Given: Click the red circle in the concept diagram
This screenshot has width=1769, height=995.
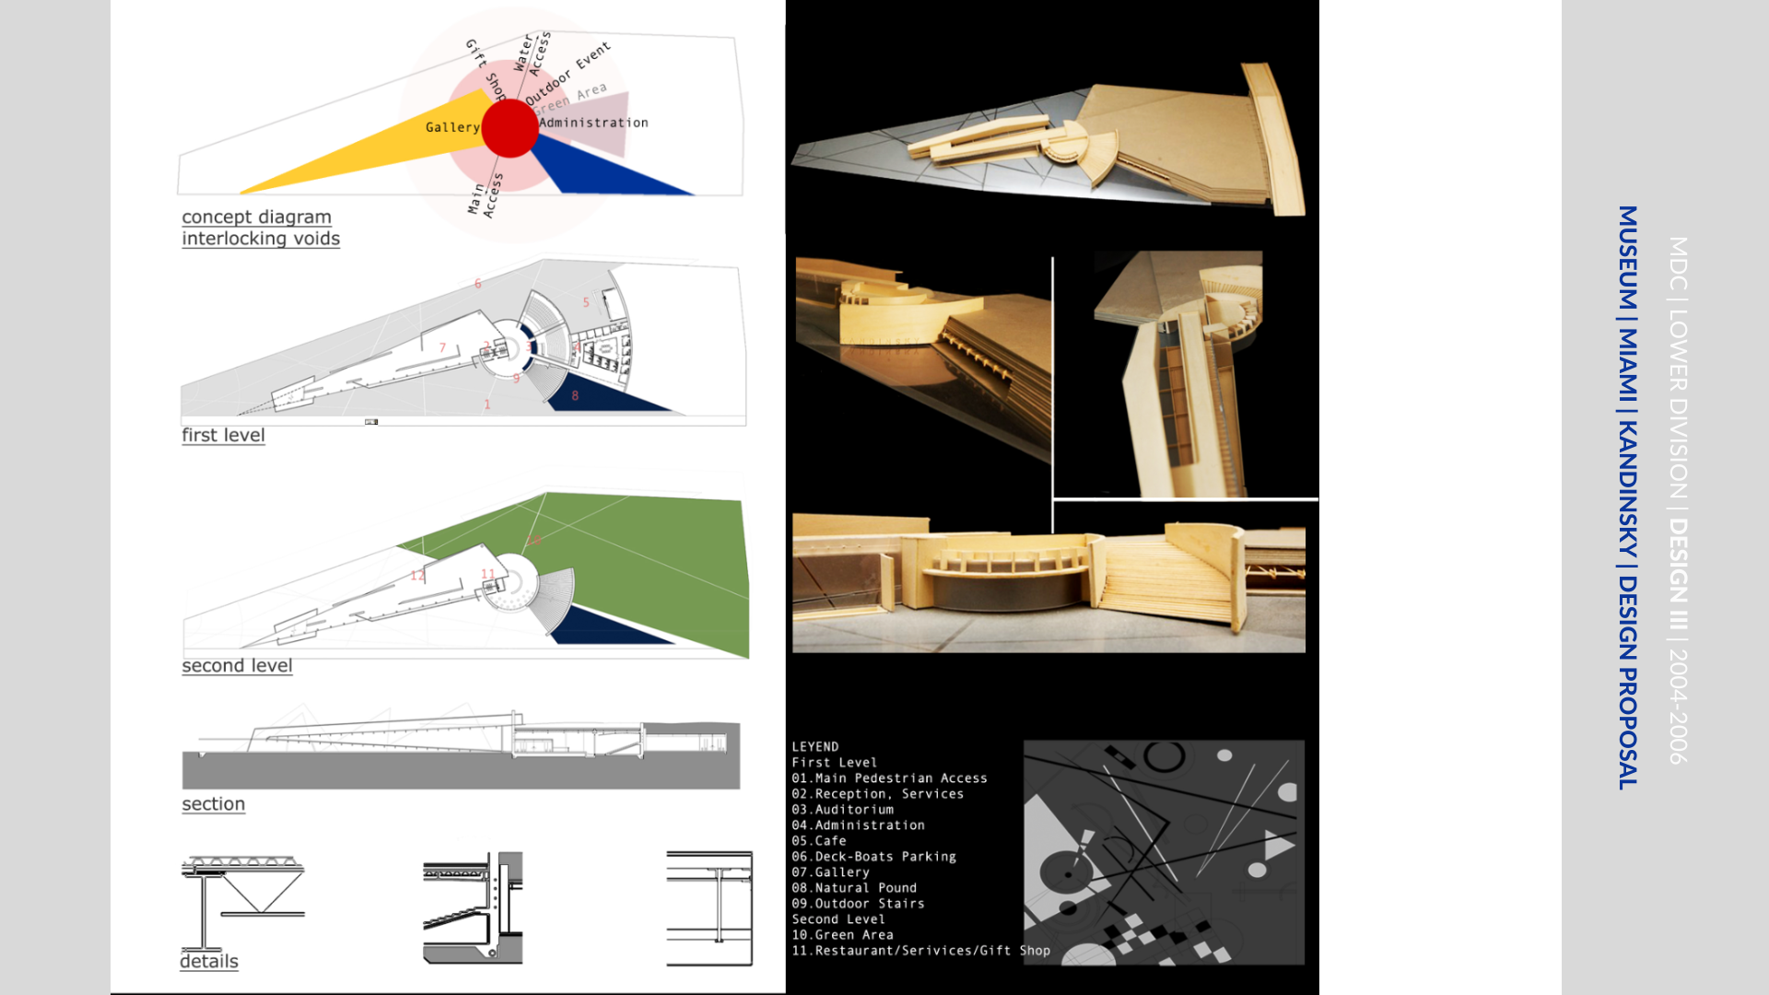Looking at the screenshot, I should point(510,128).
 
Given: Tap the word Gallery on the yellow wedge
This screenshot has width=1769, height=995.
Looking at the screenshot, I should point(452,127).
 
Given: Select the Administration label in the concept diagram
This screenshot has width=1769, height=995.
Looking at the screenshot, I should point(593,123).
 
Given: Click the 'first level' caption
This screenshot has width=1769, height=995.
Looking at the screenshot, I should point(223,435).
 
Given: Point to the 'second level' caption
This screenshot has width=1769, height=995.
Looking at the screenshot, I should point(237,665).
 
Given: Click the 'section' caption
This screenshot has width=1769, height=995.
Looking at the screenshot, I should point(213,803).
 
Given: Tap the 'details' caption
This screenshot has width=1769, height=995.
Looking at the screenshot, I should point(209,961).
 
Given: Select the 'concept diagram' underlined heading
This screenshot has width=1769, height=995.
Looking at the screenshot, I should point(256,217).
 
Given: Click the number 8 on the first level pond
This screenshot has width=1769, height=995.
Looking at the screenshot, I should point(575,395).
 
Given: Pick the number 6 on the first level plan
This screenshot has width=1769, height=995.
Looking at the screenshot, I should point(477,283).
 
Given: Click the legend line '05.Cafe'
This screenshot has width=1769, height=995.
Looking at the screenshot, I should point(819,840).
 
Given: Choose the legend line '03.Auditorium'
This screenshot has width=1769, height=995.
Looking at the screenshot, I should point(842,809).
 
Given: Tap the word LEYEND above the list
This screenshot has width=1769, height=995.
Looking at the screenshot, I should point(815,746).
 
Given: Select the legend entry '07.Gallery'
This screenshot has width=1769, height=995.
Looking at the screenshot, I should point(830,872).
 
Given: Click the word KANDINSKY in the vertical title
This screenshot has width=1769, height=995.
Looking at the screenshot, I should point(1628,489).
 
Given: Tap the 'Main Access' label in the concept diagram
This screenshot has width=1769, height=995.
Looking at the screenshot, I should point(485,195).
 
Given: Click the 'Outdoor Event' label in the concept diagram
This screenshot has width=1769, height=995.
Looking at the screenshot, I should point(567,73).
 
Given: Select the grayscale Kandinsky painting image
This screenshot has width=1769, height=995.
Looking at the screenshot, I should point(1164,852).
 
